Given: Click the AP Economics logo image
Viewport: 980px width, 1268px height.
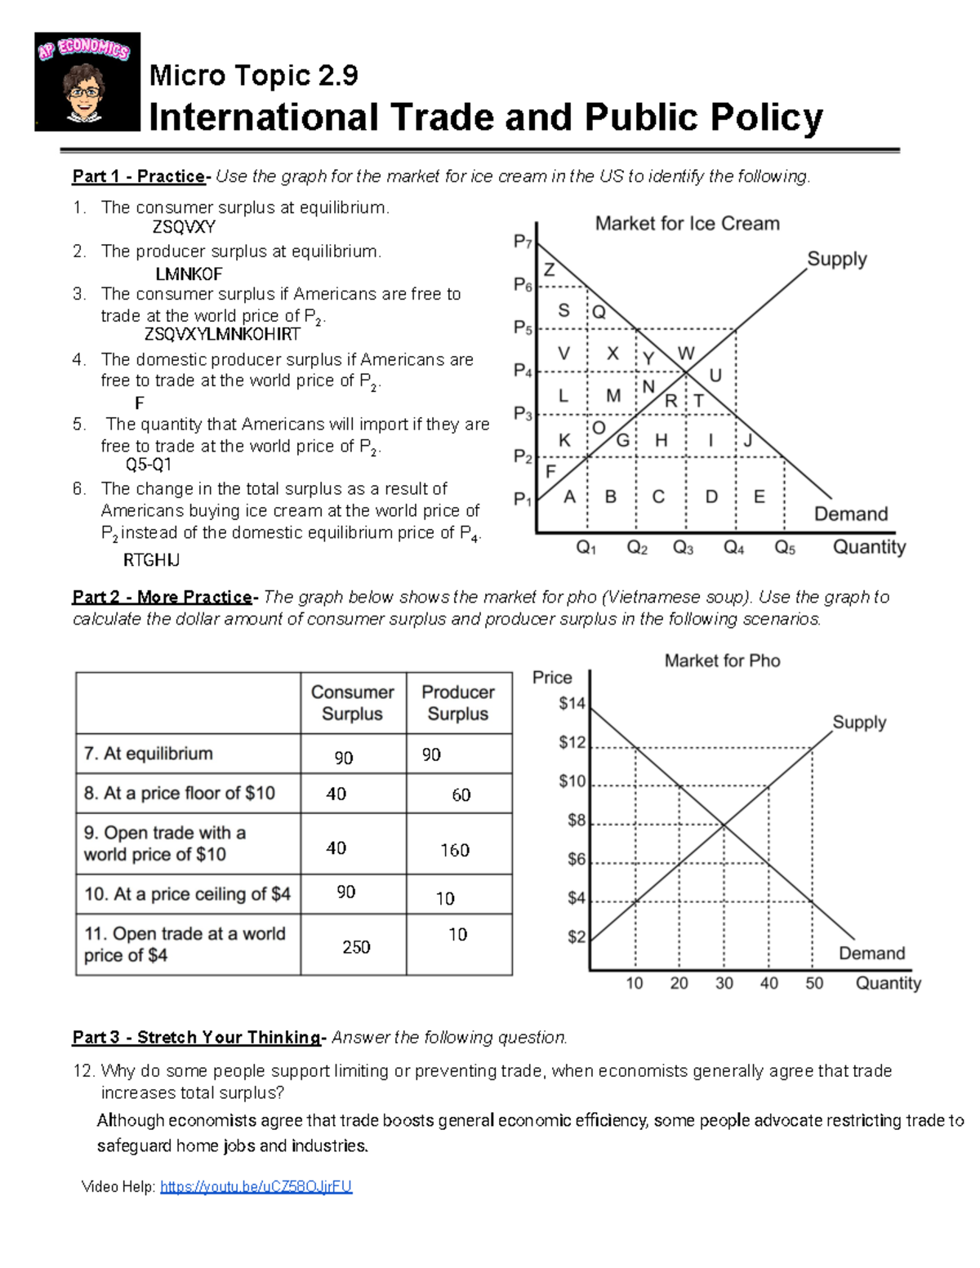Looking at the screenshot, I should pyautogui.click(x=87, y=82).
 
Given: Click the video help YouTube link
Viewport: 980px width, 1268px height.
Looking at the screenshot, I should pyautogui.click(x=256, y=1186).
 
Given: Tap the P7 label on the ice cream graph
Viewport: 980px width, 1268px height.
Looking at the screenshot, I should pyautogui.click(x=523, y=242).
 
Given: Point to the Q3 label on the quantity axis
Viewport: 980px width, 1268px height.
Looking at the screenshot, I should pyautogui.click(x=683, y=548).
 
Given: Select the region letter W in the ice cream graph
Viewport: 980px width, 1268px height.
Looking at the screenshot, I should pyautogui.click(x=685, y=353).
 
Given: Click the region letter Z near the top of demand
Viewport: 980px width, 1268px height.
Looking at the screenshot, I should pyautogui.click(x=550, y=269).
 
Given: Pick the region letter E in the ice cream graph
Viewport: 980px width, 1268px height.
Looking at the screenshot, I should pyautogui.click(x=759, y=496).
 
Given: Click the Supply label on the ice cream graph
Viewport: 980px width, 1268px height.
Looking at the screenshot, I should pyautogui.click(x=836, y=259).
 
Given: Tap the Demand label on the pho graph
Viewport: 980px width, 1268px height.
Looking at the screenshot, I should pyautogui.click(x=871, y=953).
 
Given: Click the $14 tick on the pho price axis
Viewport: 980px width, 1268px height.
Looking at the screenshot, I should pyautogui.click(x=572, y=703).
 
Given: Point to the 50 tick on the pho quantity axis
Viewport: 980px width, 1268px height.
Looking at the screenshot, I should pyautogui.click(x=814, y=983).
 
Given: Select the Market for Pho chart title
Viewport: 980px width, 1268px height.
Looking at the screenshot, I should pyautogui.click(x=722, y=661).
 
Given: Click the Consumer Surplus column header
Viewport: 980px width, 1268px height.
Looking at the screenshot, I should pyautogui.click(x=352, y=703).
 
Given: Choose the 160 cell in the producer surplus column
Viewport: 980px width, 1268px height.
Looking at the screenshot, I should pyautogui.click(x=455, y=850).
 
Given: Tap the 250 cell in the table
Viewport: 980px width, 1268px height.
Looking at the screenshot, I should pyautogui.click(x=356, y=947).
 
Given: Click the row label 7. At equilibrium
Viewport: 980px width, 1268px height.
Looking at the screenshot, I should pyautogui.click(x=149, y=754).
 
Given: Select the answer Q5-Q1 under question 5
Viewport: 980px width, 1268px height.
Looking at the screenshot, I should pyautogui.click(x=148, y=465).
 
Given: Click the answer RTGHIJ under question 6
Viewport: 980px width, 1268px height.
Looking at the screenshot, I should pyautogui.click(x=151, y=560).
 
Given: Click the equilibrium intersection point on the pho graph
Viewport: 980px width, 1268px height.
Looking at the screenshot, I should pyautogui.click(x=724, y=824).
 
